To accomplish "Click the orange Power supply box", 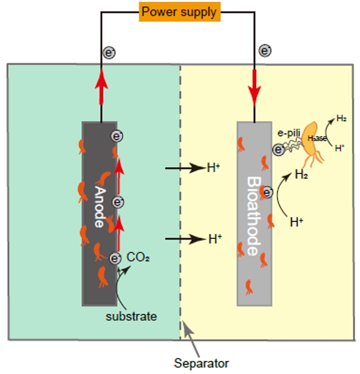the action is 179,12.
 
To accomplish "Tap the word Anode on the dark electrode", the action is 100,206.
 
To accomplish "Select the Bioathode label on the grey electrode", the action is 254,216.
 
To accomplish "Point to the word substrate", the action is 131,316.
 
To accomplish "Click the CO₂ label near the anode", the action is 138,257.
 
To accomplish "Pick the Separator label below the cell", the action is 201,363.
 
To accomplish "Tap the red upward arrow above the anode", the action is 101,86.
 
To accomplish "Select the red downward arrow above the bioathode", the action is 254,88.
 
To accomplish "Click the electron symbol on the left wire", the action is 109,53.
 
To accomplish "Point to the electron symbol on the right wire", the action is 265,51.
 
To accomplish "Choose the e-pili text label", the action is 289,133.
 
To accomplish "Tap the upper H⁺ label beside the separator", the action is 213,168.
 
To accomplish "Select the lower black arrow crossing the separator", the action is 185,239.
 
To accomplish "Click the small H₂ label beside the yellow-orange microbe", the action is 341,118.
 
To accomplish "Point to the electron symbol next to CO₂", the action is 116,258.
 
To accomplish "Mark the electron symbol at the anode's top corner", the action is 117,136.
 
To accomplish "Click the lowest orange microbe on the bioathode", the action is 249,287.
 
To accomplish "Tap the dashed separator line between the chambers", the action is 180,202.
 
